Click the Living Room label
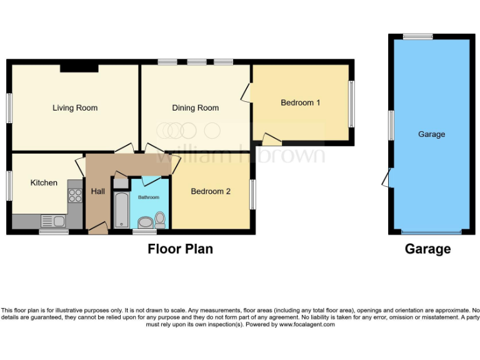(75, 107)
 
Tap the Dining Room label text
(195, 107)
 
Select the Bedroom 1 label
(300, 102)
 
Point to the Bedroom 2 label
(211, 191)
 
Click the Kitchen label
(44, 182)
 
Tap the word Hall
(97, 191)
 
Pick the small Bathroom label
(149, 197)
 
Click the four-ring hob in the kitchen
(75, 196)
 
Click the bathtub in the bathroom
(121, 211)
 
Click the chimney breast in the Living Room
(78, 68)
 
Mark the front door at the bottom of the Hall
(97, 231)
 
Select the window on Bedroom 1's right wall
(351, 103)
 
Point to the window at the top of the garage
(417, 37)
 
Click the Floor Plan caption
(180, 249)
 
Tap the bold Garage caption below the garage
(427, 249)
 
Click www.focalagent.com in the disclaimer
(307, 324)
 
